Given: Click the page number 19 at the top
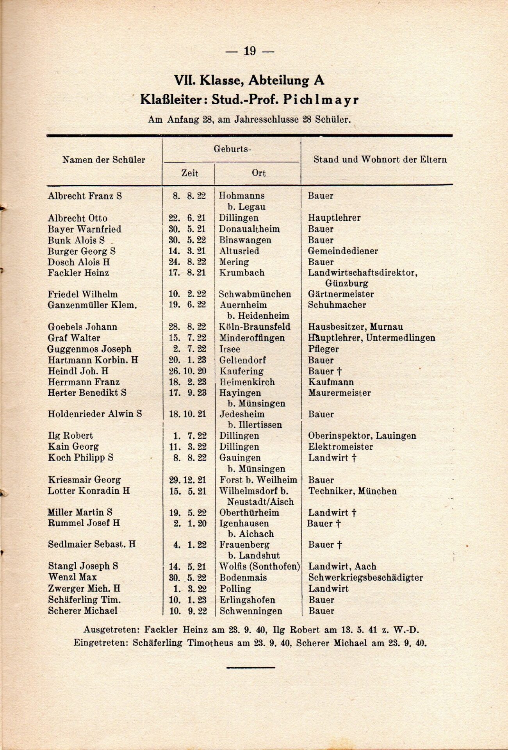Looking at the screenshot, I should (x=250, y=51).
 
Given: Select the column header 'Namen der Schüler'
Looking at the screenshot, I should (x=103, y=160).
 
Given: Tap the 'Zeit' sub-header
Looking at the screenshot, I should (x=190, y=173).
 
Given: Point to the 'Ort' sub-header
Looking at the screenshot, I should (x=258, y=173).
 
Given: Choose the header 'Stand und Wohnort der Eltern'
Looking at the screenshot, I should (x=380, y=159).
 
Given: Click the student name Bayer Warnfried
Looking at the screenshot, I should (x=84, y=229).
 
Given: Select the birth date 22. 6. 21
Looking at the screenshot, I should (x=187, y=218).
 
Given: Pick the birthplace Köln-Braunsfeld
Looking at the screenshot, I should (x=255, y=327).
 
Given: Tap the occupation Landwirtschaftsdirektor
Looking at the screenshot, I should (x=362, y=273).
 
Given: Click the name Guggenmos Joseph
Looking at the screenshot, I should (x=89, y=349).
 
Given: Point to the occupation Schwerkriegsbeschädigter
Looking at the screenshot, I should (x=365, y=577).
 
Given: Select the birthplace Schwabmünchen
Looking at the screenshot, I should (x=255, y=294).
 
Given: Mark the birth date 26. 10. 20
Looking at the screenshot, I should (x=187, y=371).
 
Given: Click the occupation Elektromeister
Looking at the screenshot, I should (x=340, y=446).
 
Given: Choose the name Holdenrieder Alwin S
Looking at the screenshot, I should (x=94, y=414).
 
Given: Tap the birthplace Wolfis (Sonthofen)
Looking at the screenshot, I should (x=259, y=566).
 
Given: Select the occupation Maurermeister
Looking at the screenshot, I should (x=339, y=393).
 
